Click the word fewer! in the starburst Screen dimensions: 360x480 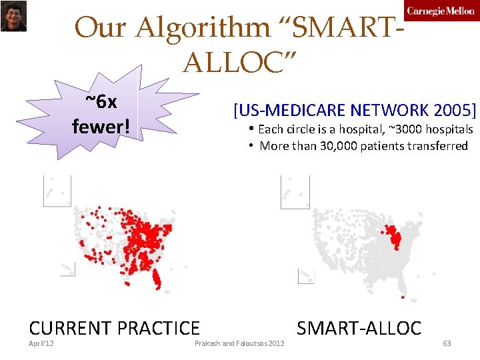(x=101, y=125)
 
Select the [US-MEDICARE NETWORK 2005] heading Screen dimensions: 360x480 (x=355, y=110)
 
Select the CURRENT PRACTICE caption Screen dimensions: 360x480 (x=114, y=328)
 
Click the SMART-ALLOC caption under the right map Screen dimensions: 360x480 (x=359, y=328)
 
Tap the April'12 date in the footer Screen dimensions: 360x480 (x=41, y=343)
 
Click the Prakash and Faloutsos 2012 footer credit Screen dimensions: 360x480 (x=239, y=343)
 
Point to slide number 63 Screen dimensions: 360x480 (x=447, y=343)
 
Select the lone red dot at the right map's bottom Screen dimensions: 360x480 (x=403, y=297)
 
